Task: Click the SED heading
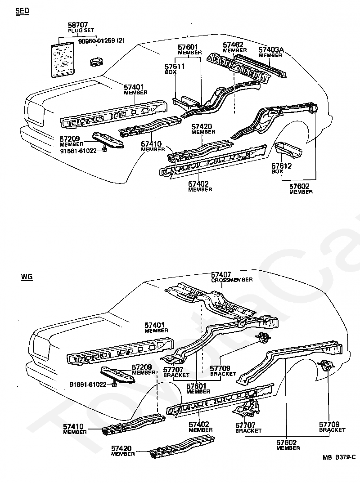[22, 11]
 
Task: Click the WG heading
[27, 276]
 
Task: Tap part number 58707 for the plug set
[78, 25]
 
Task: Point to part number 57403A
[271, 49]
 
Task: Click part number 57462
[233, 45]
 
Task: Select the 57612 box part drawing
[288, 150]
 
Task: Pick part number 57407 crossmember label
[221, 274]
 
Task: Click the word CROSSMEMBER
[232, 280]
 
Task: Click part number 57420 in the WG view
[121, 448]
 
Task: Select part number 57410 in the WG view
[73, 427]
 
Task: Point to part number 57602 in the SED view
[299, 186]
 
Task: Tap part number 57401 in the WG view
[155, 325]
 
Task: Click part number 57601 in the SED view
[188, 47]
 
